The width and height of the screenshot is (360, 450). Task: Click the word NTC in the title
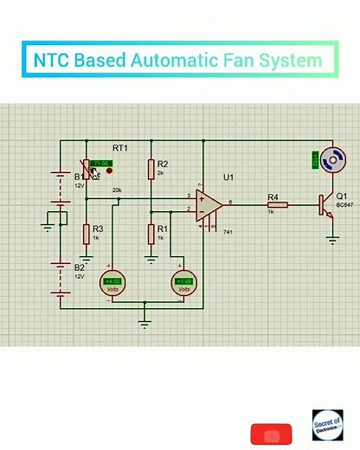pyautogui.click(x=51, y=61)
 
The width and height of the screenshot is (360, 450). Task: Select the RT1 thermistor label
pyautogui.click(x=120, y=149)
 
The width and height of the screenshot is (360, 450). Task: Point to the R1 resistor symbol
pyautogui.click(x=151, y=233)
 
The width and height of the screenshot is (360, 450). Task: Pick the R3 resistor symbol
pyautogui.click(x=87, y=234)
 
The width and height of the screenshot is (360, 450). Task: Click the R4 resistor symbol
pyautogui.click(x=277, y=204)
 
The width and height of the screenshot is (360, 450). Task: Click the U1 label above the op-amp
pyautogui.click(x=228, y=177)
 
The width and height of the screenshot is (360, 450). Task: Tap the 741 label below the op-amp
pyautogui.click(x=228, y=233)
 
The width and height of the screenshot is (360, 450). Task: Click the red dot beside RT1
pyautogui.click(x=109, y=170)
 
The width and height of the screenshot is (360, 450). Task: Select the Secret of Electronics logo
pyautogui.click(x=328, y=428)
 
